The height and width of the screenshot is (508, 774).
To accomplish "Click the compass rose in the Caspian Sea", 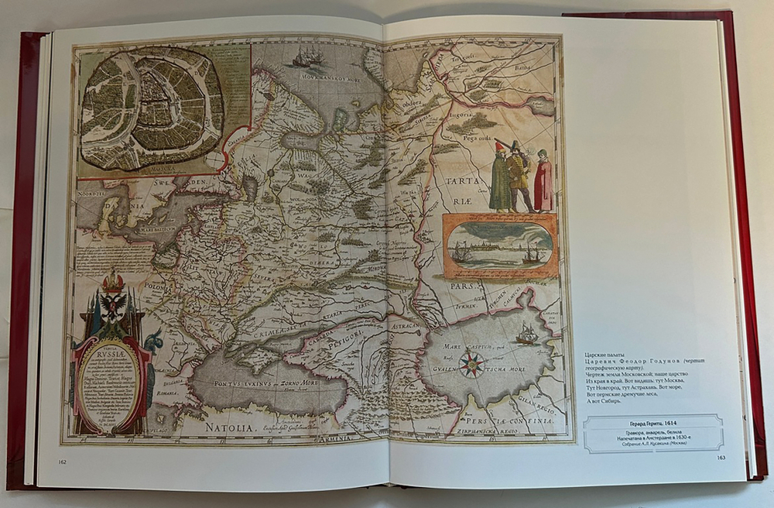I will tap(471, 364).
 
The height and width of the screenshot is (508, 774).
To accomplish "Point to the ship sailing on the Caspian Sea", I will tap(526, 334).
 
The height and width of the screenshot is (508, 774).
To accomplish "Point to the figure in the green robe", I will tap(501, 180).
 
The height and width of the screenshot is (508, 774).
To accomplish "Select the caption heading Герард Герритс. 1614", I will tap(652, 423).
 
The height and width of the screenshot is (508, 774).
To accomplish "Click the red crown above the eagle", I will tap(114, 278).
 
